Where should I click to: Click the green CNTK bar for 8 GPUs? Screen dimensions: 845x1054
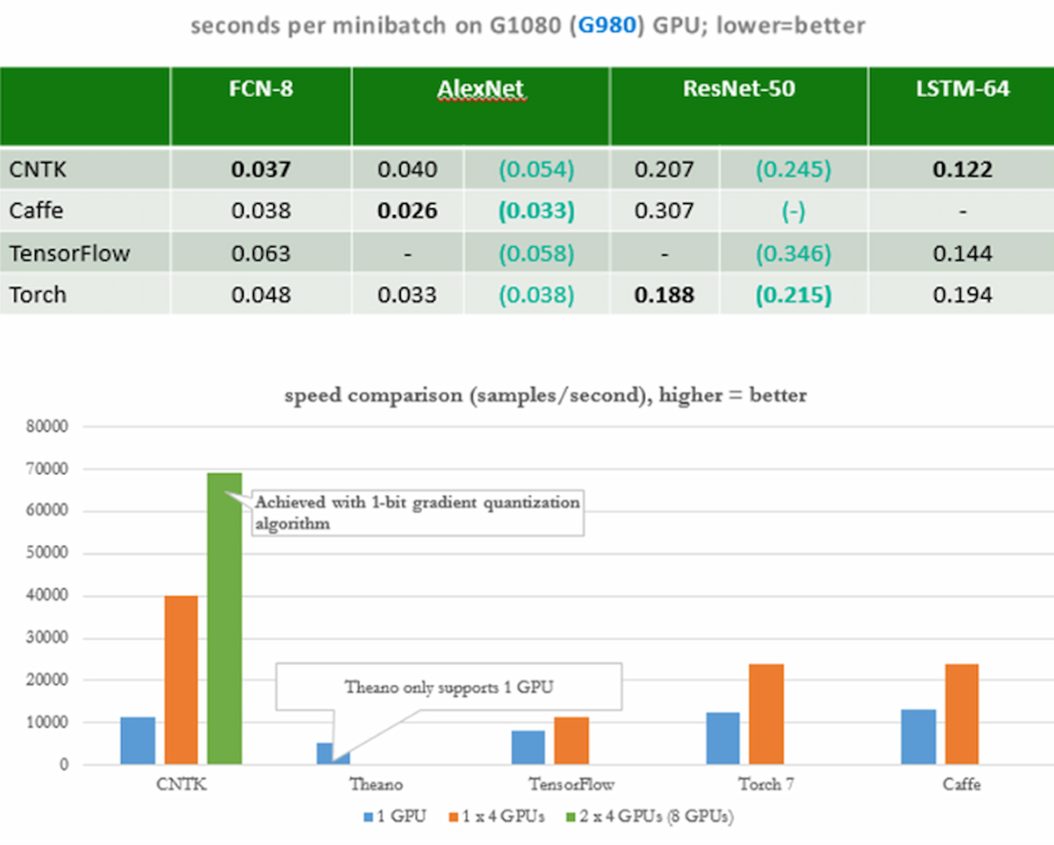[224, 618]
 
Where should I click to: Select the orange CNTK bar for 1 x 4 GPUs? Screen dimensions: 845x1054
[181, 680]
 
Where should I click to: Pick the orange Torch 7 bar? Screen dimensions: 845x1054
[766, 714]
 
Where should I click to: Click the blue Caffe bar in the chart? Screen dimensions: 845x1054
[918, 737]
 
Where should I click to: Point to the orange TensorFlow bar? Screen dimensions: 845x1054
[571, 741]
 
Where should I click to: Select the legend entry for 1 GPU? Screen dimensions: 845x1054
[395, 816]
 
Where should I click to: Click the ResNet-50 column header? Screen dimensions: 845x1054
[738, 89]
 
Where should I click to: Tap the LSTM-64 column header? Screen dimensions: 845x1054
[962, 89]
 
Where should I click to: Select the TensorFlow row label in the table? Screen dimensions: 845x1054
[69, 253]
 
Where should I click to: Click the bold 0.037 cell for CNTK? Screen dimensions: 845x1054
[260, 170]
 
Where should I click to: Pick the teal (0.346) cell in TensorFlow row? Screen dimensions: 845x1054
[793, 253]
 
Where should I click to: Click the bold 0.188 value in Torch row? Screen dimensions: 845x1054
[664, 295]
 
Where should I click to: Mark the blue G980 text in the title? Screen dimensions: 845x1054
[607, 26]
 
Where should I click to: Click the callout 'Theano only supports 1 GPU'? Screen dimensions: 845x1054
[449, 687]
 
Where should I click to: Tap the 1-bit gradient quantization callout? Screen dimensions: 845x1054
[417, 512]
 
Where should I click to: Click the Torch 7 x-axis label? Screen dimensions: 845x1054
[765, 784]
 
